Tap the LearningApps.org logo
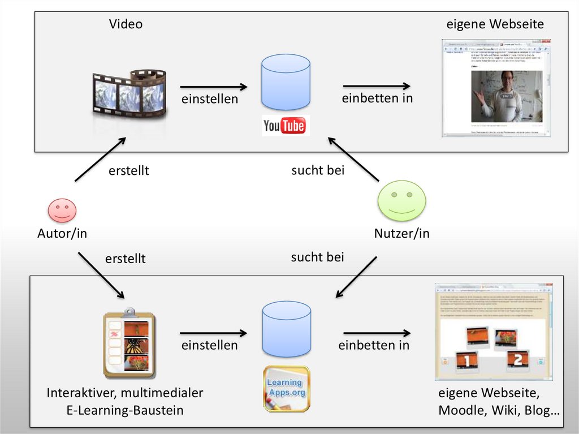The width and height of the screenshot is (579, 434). click(x=286, y=388)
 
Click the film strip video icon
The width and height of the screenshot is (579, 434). click(x=129, y=93)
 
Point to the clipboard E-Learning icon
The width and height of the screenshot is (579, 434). click(x=129, y=345)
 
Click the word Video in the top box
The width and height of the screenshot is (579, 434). click(x=126, y=24)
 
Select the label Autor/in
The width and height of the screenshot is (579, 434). click(x=62, y=233)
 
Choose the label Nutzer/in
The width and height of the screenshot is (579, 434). click(x=401, y=233)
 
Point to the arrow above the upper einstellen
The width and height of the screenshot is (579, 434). click(x=214, y=87)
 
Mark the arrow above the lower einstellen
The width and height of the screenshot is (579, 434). click(x=214, y=333)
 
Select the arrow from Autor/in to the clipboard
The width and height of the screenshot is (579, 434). click(x=101, y=276)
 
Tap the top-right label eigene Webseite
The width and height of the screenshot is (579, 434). click(x=495, y=24)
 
